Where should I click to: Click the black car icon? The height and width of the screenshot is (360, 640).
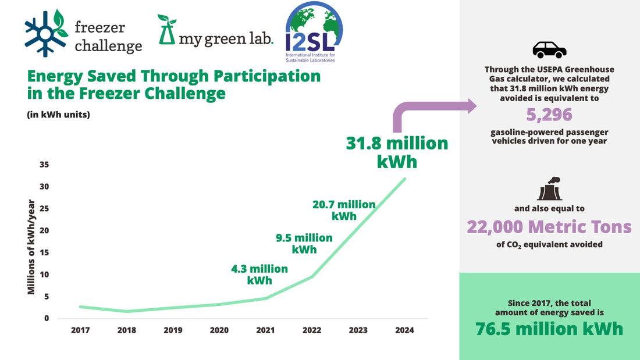[x=549, y=50]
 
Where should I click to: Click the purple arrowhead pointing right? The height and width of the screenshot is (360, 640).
[x=468, y=106]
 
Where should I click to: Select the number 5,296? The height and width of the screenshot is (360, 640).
[x=549, y=115]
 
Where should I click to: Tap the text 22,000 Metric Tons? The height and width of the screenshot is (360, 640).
[x=549, y=226]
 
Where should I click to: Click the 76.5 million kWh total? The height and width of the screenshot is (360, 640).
[x=549, y=329]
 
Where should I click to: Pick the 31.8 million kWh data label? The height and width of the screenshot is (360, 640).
[x=397, y=152]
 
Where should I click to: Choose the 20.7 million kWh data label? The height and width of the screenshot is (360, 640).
[x=344, y=210]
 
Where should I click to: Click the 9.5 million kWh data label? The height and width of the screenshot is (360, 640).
[x=304, y=243]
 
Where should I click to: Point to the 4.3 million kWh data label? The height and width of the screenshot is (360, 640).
[x=259, y=274]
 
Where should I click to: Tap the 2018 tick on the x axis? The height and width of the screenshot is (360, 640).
[x=127, y=330]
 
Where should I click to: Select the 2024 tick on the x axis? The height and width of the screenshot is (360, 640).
[x=404, y=330]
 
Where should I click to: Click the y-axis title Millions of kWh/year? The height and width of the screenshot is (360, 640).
[x=32, y=247]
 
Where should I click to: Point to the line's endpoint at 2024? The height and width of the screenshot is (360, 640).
[x=405, y=179]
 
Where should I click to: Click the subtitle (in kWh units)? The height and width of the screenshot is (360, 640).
[x=58, y=115]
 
